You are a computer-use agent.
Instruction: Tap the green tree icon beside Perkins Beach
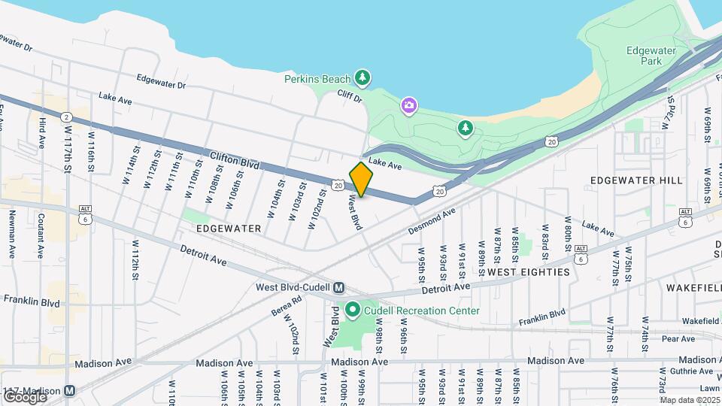click(363, 77)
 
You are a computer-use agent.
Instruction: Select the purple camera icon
click(408, 105)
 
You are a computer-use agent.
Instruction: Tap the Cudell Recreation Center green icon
click(352, 310)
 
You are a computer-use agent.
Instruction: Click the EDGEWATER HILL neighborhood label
click(636, 180)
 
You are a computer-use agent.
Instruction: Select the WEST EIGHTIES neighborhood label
click(528, 272)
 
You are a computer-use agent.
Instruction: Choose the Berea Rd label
click(286, 304)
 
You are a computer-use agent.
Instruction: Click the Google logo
click(24, 396)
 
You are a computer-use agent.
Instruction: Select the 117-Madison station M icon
click(70, 391)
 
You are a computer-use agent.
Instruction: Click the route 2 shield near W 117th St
click(67, 117)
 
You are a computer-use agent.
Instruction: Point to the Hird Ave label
click(42, 132)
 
